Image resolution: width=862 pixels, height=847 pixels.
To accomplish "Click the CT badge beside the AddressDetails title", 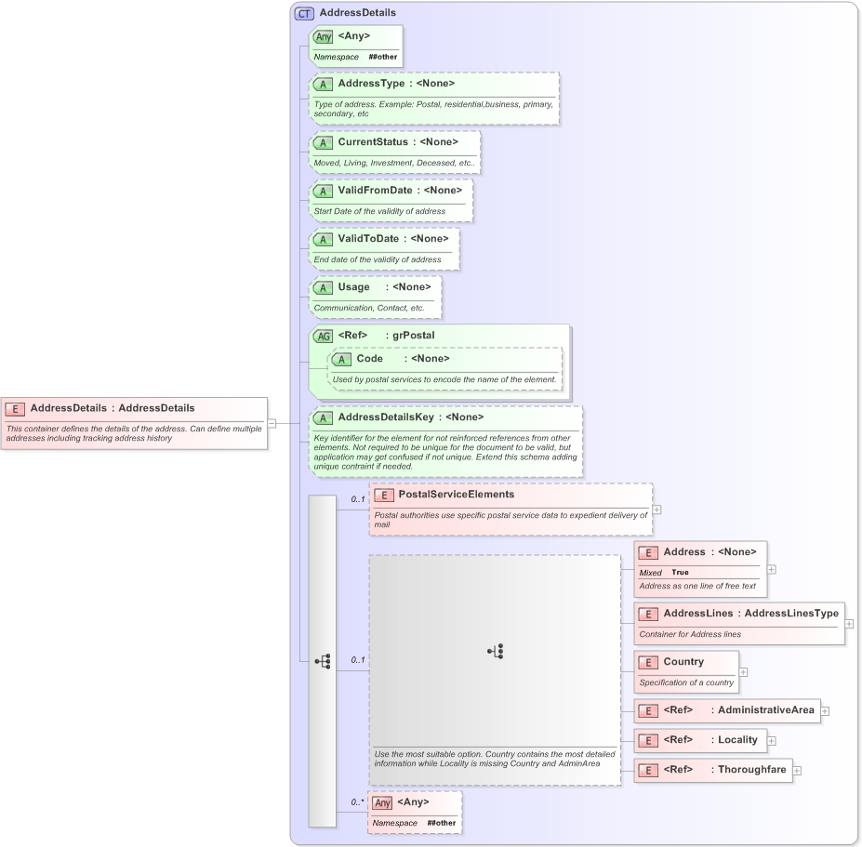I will click(x=304, y=13).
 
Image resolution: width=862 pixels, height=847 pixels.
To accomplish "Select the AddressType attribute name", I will click(x=370, y=84).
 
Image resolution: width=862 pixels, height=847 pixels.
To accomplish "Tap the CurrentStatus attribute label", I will click(x=372, y=142).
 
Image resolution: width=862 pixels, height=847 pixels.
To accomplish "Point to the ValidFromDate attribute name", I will click(x=375, y=191).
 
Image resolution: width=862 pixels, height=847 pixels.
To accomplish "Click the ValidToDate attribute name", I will click(x=368, y=239).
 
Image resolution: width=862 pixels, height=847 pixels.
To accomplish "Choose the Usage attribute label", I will click(x=353, y=287).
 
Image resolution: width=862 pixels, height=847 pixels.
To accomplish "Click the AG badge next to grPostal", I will click(x=323, y=336).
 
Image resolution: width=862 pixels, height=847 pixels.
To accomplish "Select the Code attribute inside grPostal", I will click(x=369, y=359).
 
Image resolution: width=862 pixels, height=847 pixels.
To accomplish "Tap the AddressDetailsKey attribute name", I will click(x=386, y=417).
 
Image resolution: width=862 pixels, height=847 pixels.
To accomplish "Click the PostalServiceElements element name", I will click(x=456, y=495).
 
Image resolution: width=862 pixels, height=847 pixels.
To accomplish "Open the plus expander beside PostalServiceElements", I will click(x=657, y=510).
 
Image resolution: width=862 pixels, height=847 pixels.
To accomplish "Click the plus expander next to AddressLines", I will click(x=849, y=624).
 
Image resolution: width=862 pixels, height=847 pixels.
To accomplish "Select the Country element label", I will click(x=683, y=662).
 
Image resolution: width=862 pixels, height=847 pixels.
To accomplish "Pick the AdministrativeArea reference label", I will click(x=765, y=710).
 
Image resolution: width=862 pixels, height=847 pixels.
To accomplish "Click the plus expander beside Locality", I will click(x=772, y=741).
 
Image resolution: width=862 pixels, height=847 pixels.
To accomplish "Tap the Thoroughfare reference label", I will click(x=751, y=770).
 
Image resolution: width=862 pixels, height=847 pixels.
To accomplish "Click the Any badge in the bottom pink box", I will click(x=382, y=802).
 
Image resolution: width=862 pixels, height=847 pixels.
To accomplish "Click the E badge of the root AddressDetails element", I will click(x=15, y=408).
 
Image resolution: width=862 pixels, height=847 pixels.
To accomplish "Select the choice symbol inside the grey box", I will click(x=495, y=652).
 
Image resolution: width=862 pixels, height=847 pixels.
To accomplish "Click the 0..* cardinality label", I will click(x=357, y=801).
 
